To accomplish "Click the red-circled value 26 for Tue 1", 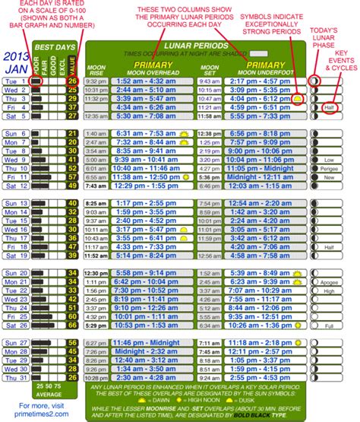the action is coord(72,81).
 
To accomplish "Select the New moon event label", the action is coord(329,177).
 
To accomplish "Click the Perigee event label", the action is coord(329,169).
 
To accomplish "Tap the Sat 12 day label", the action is coord(15,186).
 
